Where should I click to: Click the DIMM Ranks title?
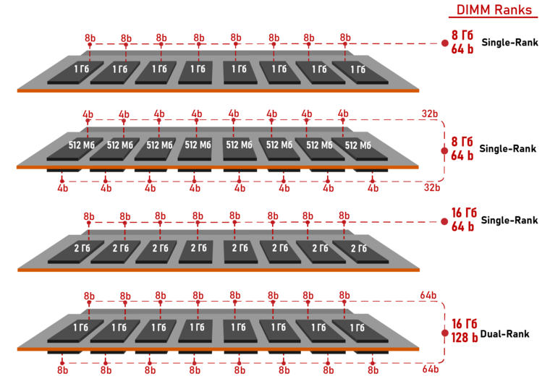coord(494,10)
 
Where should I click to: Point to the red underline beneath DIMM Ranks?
coord(493,17)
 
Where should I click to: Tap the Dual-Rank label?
coord(504,334)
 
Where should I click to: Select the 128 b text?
coord(465,338)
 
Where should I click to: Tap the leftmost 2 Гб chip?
coord(76,252)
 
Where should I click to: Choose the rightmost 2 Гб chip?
coord(360,252)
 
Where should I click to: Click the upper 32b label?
coord(430,114)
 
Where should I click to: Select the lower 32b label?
coord(432,187)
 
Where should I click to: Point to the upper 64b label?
coord(428,295)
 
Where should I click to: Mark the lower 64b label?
coord(431,369)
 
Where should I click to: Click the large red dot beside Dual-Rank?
coord(445,333)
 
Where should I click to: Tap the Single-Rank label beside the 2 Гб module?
coord(509,221)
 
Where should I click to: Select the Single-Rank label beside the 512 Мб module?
coord(507,149)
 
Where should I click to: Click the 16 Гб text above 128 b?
coord(464,324)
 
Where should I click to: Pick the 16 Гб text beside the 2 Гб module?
coord(464,213)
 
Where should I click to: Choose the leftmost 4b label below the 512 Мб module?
coord(63,189)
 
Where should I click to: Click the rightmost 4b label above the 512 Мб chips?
coord(343,114)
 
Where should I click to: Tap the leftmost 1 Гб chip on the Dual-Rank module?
coord(75,330)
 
